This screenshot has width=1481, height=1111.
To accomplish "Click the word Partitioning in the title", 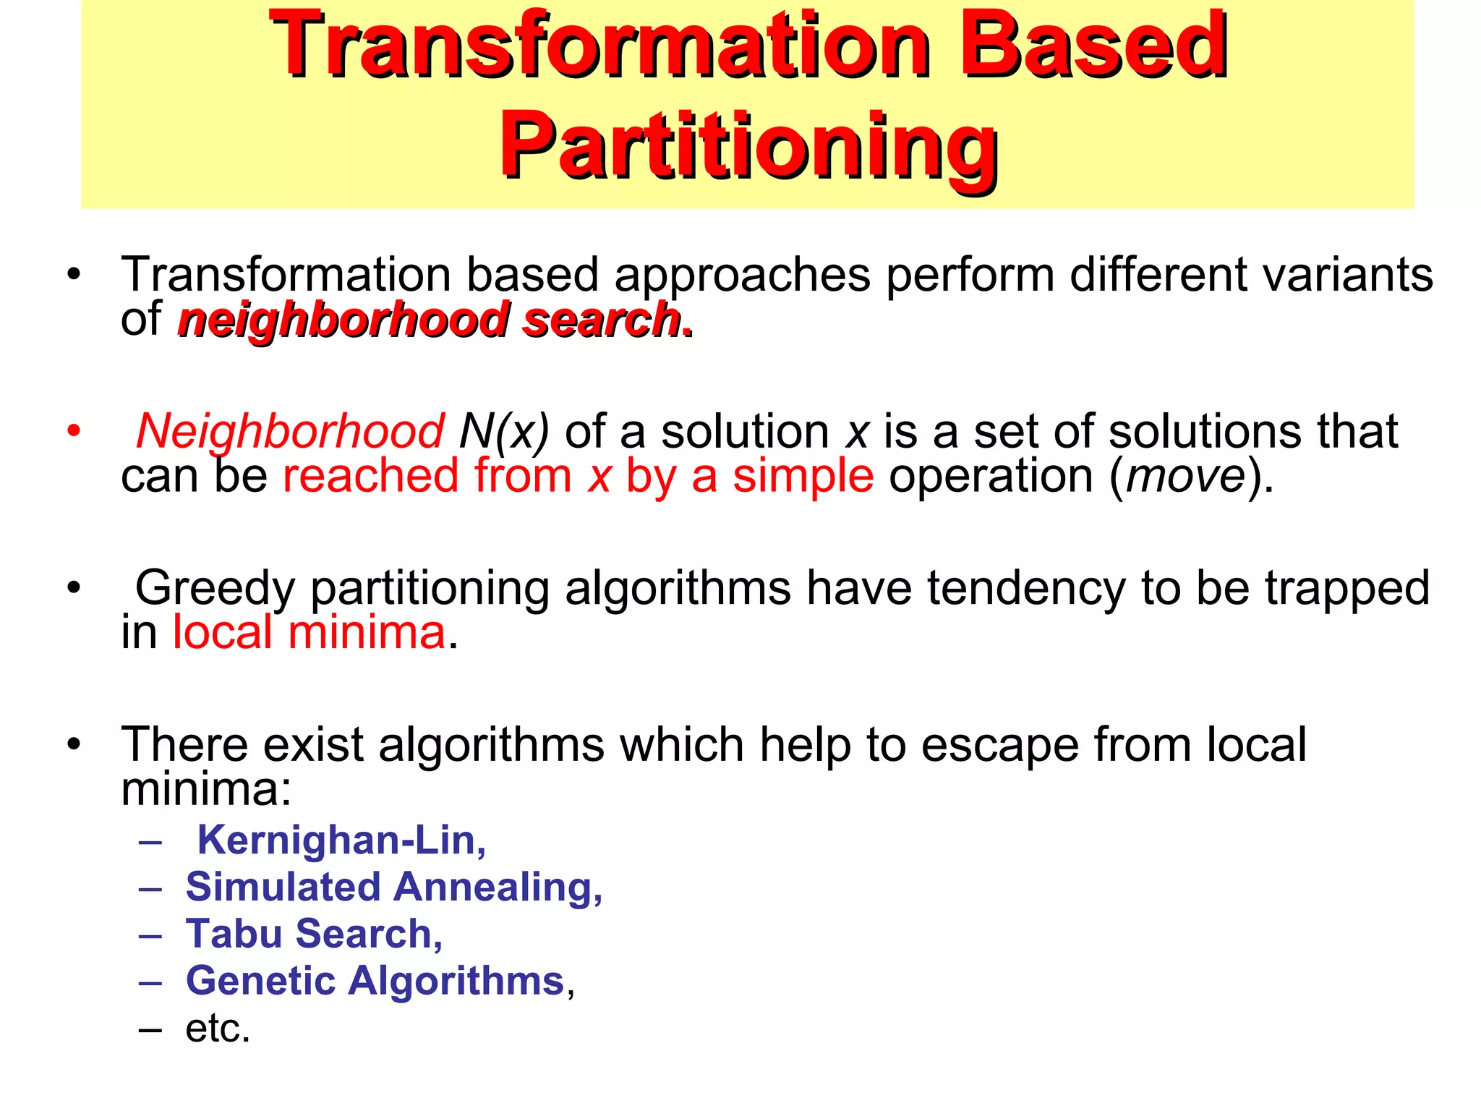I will pyautogui.click(x=748, y=147).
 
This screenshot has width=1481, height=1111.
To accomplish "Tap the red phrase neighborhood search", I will pyautogui.click(x=431, y=320).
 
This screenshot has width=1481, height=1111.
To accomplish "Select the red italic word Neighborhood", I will pyautogui.click(x=289, y=431).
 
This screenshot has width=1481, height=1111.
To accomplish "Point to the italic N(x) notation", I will pyautogui.click(x=504, y=431).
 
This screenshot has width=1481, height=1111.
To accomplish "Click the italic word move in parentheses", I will pyautogui.click(x=1185, y=477).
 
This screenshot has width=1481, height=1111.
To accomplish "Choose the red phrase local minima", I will pyautogui.click(x=309, y=633).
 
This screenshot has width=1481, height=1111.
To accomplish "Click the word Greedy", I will pyautogui.click(x=215, y=588).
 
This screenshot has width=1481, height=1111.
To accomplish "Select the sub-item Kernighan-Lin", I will pyautogui.click(x=341, y=840).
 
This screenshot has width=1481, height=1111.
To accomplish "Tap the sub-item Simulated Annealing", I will pyautogui.click(x=393, y=887).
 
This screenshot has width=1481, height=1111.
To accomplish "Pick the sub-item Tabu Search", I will pyautogui.click(x=313, y=934).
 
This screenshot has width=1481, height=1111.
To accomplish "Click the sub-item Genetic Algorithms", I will pyautogui.click(x=375, y=981).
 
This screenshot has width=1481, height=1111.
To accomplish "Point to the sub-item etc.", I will pyautogui.click(x=217, y=1028).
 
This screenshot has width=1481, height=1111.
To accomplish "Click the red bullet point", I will pyautogui.click(x=73, y=431).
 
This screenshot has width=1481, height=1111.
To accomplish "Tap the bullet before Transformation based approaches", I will pyautogui.click(x=73, y=275).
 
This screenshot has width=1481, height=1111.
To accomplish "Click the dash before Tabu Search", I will pyautogui.click(x=150, y=935).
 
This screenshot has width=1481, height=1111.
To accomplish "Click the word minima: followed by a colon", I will pyautogui.click(x=206, y=789).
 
